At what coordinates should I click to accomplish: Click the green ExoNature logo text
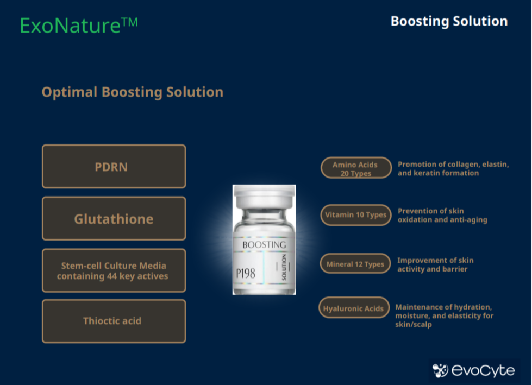click(x=79, y=26)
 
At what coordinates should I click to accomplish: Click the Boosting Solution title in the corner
click(x=449, y=21)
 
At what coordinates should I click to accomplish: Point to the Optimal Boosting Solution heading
click(x=133, y=92)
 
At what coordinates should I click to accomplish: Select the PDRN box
click(x=114, y=166)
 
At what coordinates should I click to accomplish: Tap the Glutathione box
click(x=114, y=219)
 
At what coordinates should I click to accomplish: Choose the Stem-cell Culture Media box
click(x=114, y=270)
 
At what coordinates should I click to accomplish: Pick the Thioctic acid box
click(x=114, y=321)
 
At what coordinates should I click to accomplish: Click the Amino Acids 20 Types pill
click(x=356, y=168)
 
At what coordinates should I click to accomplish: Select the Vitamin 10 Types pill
click(x=356, y=215)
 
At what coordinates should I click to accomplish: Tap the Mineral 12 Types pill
click(x=355, y=264)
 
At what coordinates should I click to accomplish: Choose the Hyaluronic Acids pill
click(x=354, y=308)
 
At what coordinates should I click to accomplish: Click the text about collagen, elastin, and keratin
click(x=453, y=168)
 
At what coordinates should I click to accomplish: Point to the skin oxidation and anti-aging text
click(x=442, y=215)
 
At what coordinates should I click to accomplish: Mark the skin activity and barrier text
click(x=435, y=264)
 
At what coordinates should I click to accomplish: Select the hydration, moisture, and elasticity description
click(x=444, y=315)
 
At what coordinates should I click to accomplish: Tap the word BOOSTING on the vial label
click(x=264, y=244)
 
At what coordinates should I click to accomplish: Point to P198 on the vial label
click(x=246, y=273)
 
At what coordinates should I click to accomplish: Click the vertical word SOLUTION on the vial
click(x=284, y=267)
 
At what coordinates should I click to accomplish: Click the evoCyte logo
click(x=474, y=370)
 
